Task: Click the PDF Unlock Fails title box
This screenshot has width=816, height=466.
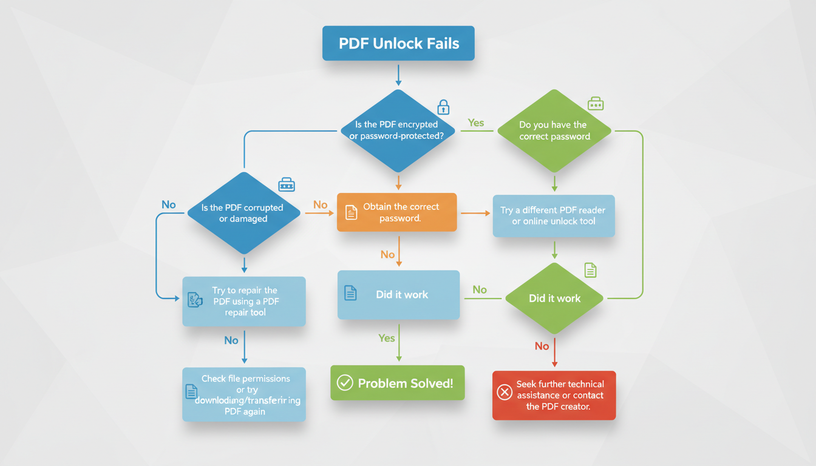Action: (x=398, y=43)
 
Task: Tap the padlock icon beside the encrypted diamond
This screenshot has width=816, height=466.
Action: (x=444, y=107)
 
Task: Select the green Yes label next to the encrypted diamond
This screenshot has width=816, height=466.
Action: (x=476, y=123)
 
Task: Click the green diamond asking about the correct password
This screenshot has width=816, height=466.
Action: (x=554, y=130)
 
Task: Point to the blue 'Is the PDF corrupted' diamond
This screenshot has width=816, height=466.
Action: (x=243, y=212)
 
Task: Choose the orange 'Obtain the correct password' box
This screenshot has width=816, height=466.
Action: (x=396, y=212)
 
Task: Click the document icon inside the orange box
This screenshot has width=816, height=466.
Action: (x=351, y=212)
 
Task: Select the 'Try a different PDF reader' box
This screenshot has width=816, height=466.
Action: (x=554, y=215)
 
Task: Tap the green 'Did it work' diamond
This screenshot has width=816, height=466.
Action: (x=554, y=298)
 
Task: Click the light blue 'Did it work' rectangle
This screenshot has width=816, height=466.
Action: (x=398, y=294)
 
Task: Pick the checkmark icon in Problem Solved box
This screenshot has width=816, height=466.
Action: (x=345, y=383)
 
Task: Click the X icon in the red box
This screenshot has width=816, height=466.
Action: (x=505, y=393)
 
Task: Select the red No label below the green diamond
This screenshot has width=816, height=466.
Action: (x=542, y=346)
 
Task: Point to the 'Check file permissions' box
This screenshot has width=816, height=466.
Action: (x=244, y=394)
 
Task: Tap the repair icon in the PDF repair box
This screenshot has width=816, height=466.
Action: (x=195, y=299)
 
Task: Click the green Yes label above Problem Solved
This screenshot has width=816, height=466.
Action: (x=387, y=338)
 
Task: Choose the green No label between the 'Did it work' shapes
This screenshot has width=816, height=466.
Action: (x=480, y=289)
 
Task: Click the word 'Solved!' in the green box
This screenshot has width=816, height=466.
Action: (x=430, y=383)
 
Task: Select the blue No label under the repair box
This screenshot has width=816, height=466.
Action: (x=231, y=340)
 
